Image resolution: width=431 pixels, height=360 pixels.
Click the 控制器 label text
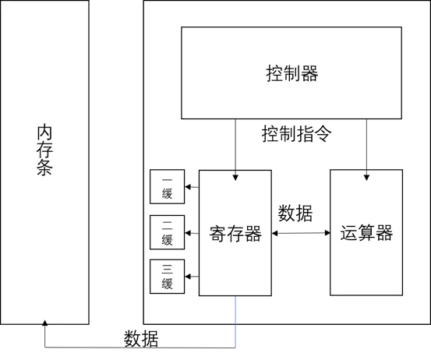292,73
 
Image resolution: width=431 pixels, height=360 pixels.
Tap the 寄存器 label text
235,234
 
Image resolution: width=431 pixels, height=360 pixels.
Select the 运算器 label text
366,233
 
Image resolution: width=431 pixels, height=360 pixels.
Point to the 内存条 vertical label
44,150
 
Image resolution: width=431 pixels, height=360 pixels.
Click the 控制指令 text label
296,134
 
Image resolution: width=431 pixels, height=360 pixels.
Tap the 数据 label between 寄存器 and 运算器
295,214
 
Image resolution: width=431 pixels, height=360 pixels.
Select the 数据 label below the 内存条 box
141,339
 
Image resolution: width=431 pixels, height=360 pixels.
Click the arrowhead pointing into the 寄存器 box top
235,178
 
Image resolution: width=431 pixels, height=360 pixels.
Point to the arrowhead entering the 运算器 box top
366,178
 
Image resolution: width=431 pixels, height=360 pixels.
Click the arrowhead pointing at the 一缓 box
188,187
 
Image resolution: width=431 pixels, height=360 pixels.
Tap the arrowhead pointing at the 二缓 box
188,233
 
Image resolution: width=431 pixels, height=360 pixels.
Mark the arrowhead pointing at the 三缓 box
188,276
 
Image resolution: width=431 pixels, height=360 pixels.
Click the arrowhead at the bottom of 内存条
44,323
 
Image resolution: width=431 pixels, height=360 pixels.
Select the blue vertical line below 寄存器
235,322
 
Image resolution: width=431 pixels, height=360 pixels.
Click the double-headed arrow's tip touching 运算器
327,233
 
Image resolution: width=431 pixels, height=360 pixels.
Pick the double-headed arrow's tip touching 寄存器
274,233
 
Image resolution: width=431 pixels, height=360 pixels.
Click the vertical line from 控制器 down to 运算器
366,147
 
